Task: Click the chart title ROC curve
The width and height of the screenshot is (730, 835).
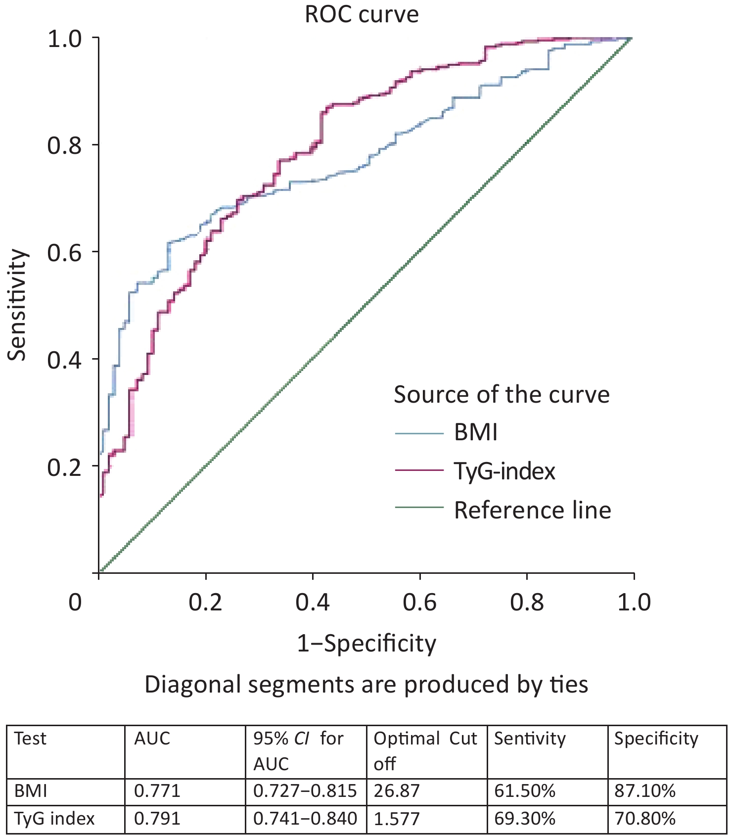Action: click(x=362, y=14)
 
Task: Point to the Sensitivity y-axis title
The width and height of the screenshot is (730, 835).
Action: click(x=17, y=305)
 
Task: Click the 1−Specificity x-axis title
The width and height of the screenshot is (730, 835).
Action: click(x=366, y=643)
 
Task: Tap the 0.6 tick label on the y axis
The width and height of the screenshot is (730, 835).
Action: click(x=64, y=252)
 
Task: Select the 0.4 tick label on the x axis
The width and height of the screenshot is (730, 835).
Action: click(x=313, y=603)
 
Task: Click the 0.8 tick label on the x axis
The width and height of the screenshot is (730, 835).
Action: click(x=527, y=603)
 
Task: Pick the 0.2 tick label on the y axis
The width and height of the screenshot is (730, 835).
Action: click(x=64, y=466)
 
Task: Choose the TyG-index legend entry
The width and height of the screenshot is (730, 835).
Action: click(x=504, y=471)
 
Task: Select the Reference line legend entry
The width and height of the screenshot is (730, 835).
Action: click(x=532, y=510)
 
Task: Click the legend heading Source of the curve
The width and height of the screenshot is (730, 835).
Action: click(x=502, y=395)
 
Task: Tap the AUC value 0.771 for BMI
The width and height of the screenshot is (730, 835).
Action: click(x=157, y=791)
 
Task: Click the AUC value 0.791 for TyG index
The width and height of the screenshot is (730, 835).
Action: click(x=157, y=819)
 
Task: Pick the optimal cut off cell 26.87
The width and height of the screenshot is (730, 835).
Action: click(x=397, y=791)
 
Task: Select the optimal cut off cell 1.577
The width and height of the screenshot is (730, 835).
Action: click(x=397, y=819)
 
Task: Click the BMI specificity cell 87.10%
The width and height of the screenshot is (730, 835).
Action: click(x=645, y=791)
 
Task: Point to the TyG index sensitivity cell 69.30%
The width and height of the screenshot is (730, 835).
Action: click(x=525, y=819)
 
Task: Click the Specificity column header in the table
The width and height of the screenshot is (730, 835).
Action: click(x=656, y=739)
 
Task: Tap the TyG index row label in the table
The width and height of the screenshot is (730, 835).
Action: click(x=54, y=819)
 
